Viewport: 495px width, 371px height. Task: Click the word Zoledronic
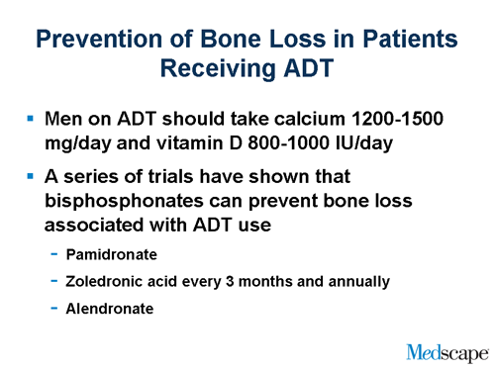pyautogui.click(x=104, y=282)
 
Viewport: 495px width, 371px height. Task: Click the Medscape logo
pyautogui.click(x=446, y=350)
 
